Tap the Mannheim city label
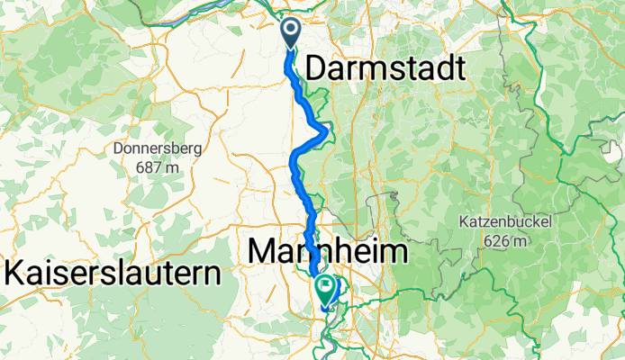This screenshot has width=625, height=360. tap(327, 251)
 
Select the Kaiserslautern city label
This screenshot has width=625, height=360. tap(113, 273)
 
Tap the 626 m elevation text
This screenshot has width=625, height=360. tap(512, 240)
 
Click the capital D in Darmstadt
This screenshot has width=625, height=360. tap(318, 68)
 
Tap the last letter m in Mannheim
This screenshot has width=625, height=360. tap(395, 251)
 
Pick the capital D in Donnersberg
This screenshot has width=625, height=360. tap(117, 147)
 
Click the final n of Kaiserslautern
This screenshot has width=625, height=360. tap(213, 273)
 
